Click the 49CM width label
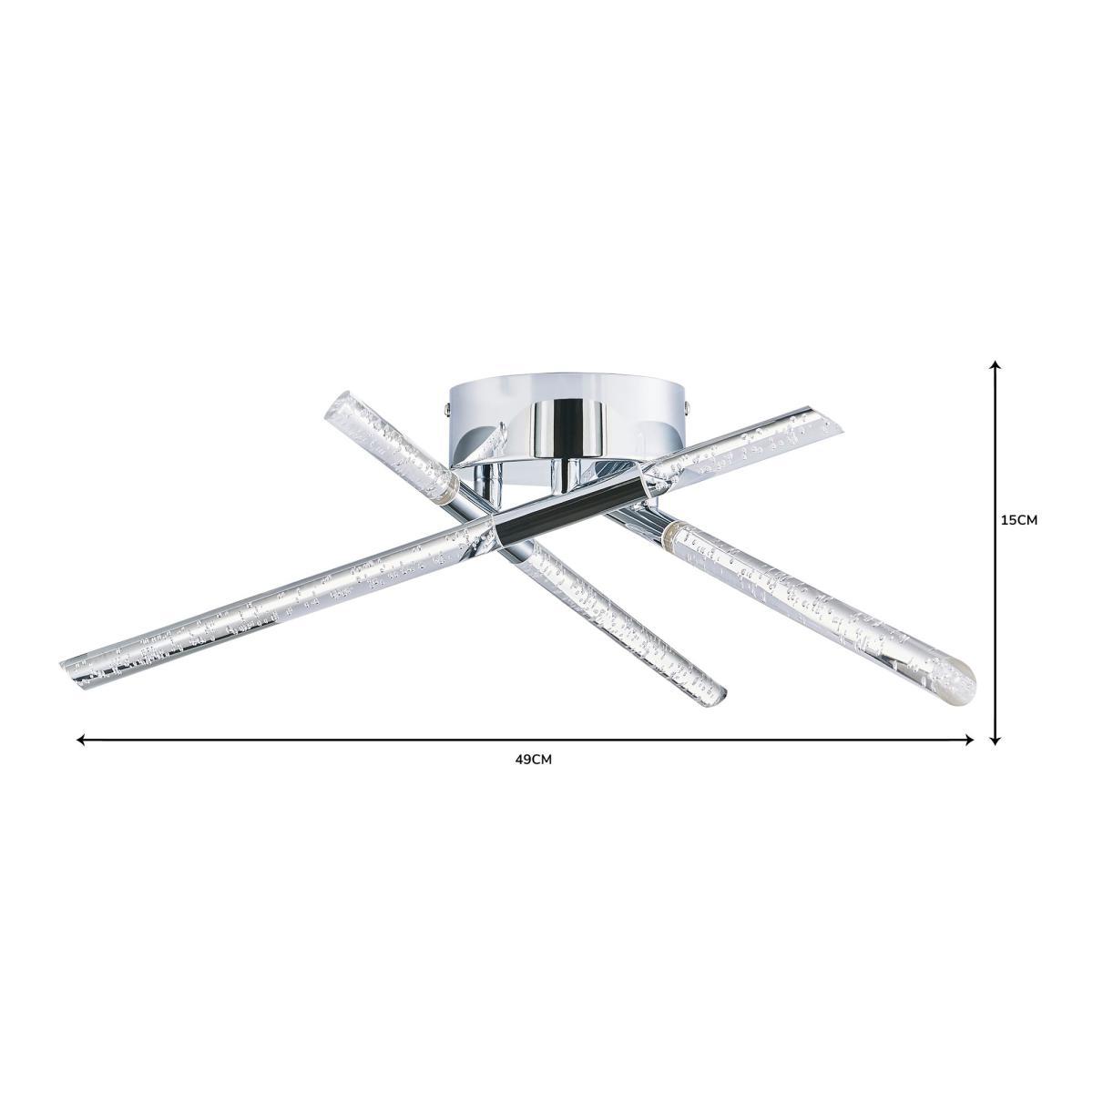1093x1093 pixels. pyautogui.click(x=533, y=760)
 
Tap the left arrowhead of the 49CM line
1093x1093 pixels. pyautogui.click(x=80, y=739)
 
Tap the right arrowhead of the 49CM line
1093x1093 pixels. pyautogui.click(x=970, y=739)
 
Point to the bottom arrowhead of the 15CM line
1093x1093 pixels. pyautogui.click(x=995, y=741)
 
